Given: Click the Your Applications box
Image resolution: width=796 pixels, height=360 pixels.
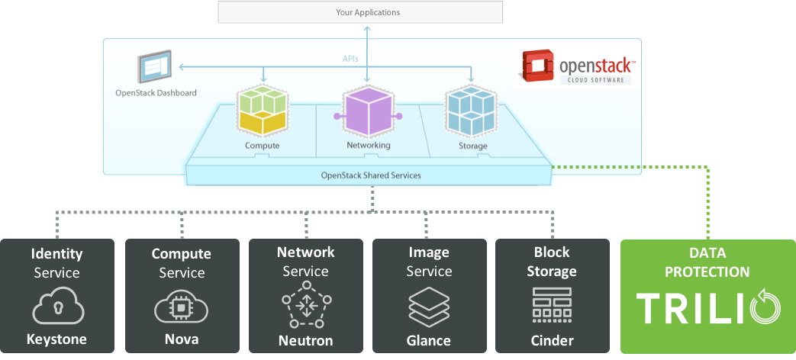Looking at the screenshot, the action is click(360, 12).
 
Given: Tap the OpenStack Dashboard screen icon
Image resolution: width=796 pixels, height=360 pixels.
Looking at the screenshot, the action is click(154, 66).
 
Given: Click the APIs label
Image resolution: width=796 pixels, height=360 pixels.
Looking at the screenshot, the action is click(350, 59).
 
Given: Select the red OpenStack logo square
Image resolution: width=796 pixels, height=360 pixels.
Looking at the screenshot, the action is click(536, 66).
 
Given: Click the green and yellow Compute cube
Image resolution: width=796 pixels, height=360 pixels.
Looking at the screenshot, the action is click(262, 111).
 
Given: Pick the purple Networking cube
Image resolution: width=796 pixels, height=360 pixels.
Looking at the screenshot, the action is click(368, 111).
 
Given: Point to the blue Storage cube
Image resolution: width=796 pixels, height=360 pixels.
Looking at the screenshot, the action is click(470, 111).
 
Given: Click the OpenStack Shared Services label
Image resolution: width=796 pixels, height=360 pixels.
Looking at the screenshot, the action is click(371, 175).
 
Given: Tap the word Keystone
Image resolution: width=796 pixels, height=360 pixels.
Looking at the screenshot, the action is click(56, 339).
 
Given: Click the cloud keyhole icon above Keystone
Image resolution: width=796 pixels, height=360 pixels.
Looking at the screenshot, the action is click(57, 306).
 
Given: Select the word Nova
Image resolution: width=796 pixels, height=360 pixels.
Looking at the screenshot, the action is click(182, 339).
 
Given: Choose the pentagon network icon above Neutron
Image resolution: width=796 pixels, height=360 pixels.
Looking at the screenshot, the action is click(306, 304).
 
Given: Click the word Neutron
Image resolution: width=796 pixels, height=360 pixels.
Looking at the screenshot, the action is click(305, 340).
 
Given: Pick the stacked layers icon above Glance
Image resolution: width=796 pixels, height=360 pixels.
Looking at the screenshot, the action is click(429, 307).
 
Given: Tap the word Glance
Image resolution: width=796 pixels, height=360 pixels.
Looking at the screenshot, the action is click(428, 340).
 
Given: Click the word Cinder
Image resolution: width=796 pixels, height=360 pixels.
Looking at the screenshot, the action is click(553, 340).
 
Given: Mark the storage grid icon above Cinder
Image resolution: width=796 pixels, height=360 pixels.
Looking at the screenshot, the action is click(553, 305).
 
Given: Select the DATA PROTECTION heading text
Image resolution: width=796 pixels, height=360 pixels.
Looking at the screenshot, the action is click(707, 262).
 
